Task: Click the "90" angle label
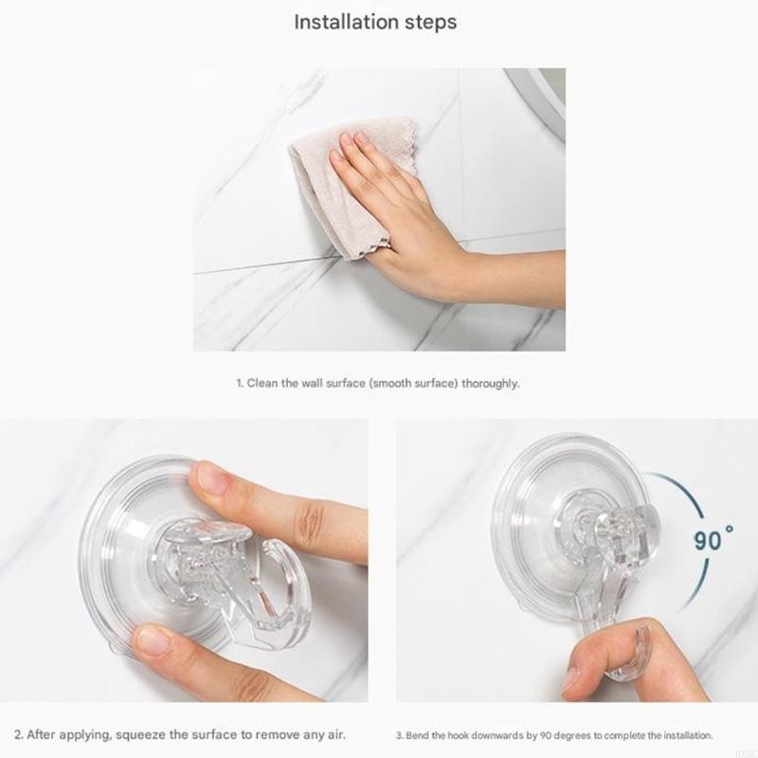click(x=709, y=541)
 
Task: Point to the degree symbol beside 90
click(x=731, y=532)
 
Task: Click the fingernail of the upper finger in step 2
click(x=211, y=479)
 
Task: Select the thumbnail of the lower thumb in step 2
click(x=152, y=641)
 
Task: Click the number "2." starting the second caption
click(x=18, y=734)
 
